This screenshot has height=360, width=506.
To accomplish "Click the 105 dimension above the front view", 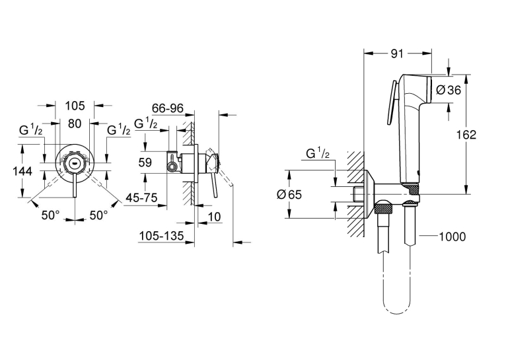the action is (75, 106).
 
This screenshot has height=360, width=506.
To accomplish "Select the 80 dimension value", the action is (75, 124).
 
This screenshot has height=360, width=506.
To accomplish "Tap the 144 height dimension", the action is (22, 171).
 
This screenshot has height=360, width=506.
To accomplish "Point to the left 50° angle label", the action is (51, 215).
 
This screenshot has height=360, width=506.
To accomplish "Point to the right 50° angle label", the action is (98, 215).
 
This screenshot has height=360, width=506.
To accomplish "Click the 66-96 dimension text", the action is (168, 108).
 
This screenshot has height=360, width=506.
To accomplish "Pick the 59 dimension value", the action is (145, 162).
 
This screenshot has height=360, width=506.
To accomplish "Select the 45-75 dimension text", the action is (141, 198).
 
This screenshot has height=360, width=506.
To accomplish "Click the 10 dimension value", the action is (215, 217).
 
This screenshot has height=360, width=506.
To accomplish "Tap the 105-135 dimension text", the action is (161, 236).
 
